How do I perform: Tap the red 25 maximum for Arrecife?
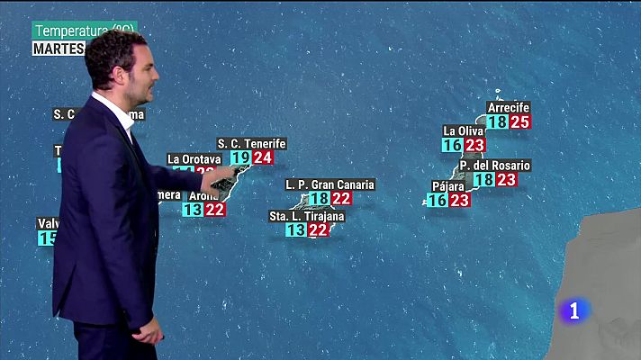coord(519,122)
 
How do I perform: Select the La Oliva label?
coord(464,130)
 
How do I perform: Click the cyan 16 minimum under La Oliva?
coord(452,145)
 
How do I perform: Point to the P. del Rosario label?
coord(493,166)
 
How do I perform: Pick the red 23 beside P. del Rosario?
coord(507,180)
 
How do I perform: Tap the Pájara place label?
coord(447,186)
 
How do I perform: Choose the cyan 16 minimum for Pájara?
coord(437,201)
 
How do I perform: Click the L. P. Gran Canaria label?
coord(330,184)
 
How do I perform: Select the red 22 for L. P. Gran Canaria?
coord(341,199)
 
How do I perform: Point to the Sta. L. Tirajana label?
coord(307,216)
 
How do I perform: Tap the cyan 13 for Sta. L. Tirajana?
coord(295,230)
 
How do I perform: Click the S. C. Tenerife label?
coord(251,143)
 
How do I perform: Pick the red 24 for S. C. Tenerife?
coord(263,158)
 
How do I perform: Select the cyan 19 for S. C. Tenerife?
coord(240,158)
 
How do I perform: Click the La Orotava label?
coord(194,159)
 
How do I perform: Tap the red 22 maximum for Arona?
coord(215,210)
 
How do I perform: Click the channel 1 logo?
coord(575,311)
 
